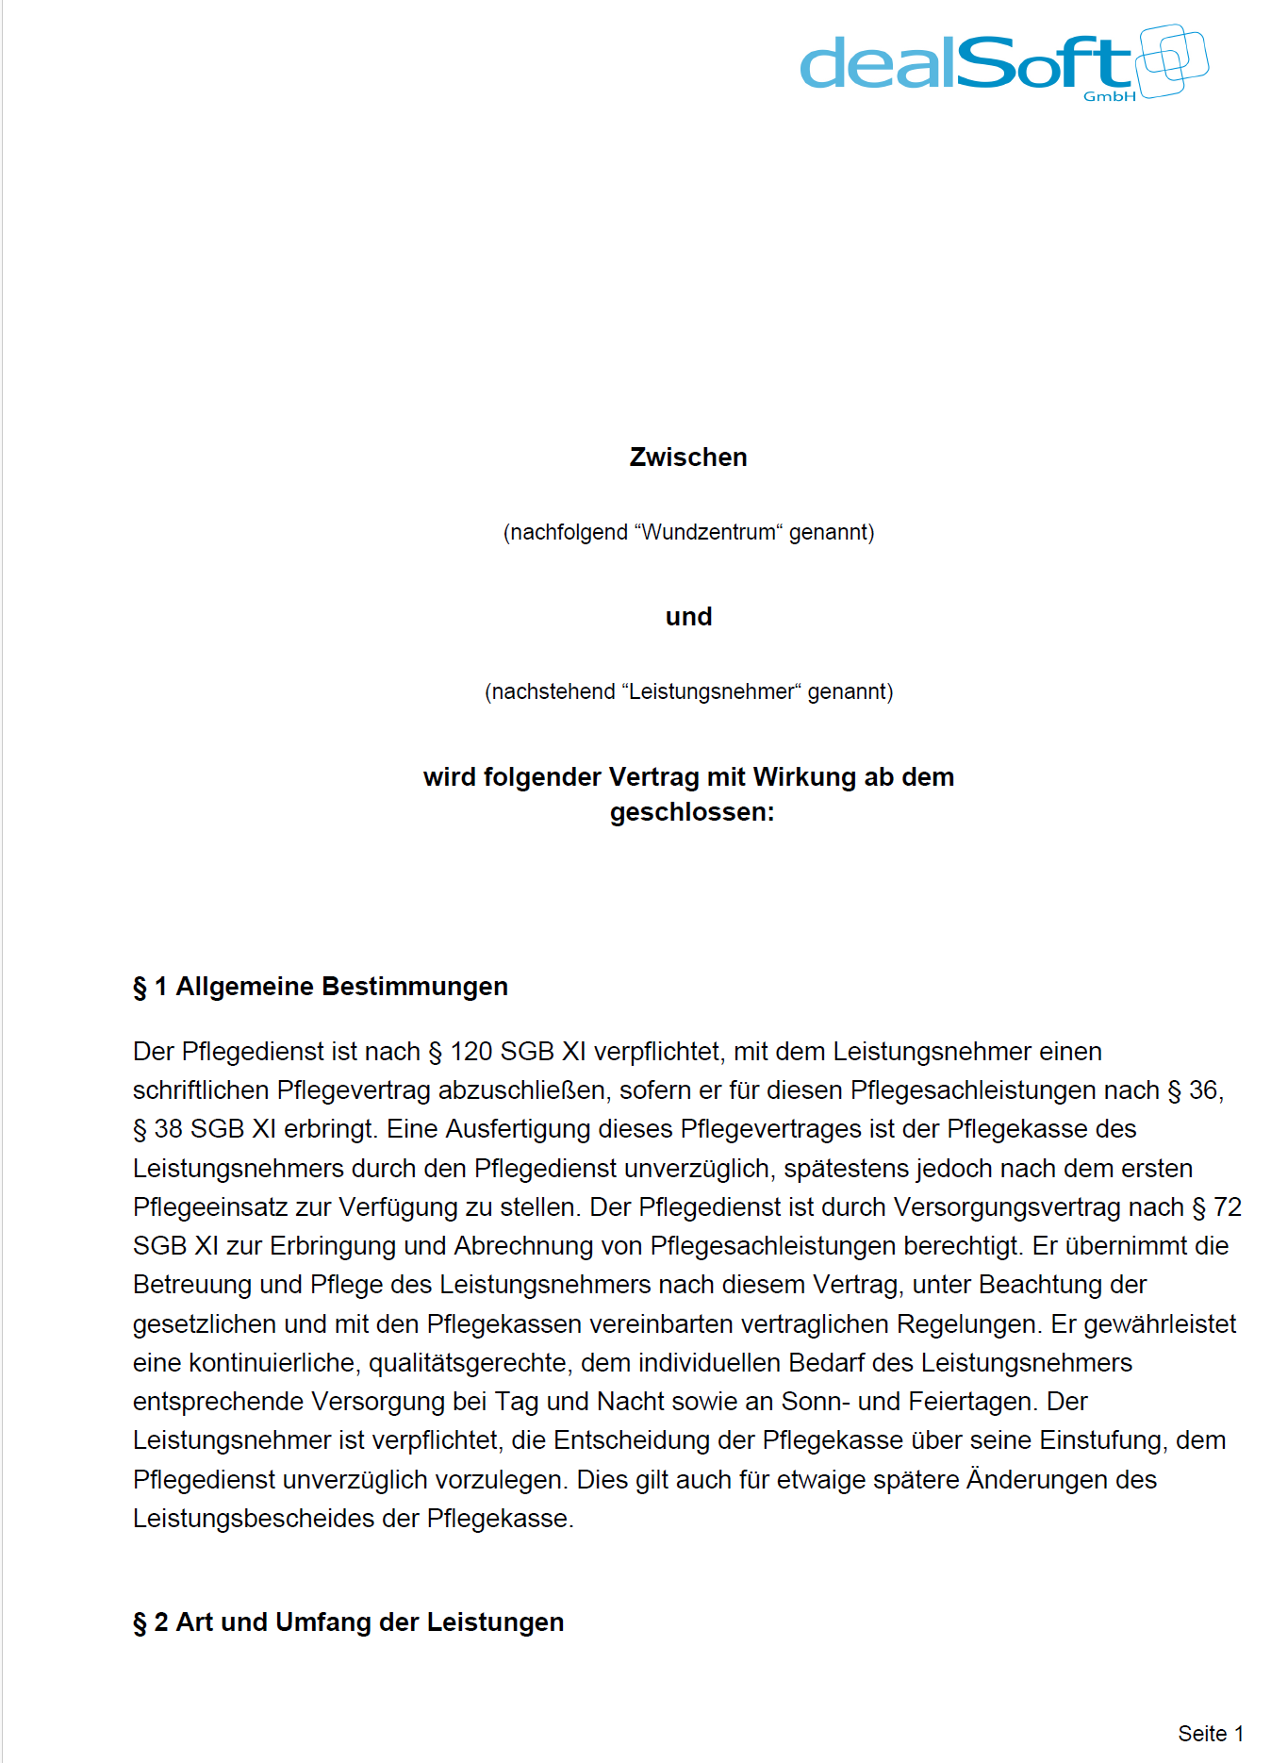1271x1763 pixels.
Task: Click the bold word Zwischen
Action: tap(688, 457)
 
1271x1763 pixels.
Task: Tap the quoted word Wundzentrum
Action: tap(708, 533)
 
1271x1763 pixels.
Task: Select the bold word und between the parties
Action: tap(688, 617)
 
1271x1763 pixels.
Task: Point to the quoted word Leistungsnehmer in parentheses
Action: tap(711, 692)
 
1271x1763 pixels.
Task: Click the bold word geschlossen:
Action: tap(692, 812)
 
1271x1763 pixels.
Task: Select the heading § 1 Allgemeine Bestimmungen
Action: tap(321, 987)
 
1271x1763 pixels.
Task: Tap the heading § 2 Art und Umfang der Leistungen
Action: tap(349, 1622)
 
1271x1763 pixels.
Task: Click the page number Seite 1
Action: tap(1210, 1734)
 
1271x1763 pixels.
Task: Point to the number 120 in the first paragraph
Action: tap(470, 1052)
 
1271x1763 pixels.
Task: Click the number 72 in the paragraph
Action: tap(1227, 1207)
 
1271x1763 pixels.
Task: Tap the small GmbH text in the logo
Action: tap(1109, 96)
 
